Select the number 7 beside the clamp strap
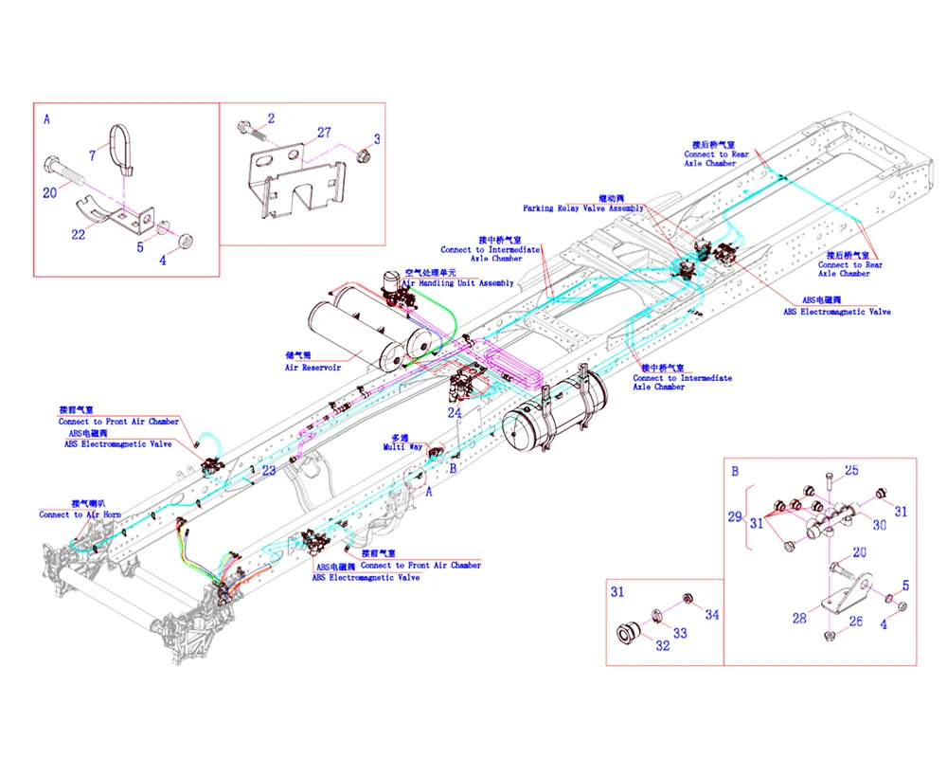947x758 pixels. [x=93, y=153]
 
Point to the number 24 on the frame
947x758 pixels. [x=455, y=412]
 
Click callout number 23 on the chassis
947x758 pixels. [x=269, y=470]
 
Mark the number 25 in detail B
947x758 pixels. [x=851, y=471]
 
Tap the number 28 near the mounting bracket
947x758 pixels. [x=799, y=618]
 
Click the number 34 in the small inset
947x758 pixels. [x=711, y=615]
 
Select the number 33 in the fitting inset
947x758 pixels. [x=679, y=634]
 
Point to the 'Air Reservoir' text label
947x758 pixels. [x=313, y=368]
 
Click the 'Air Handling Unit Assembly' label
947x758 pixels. [x=458, y=283]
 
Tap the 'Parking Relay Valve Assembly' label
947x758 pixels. [x=583, y=208]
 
